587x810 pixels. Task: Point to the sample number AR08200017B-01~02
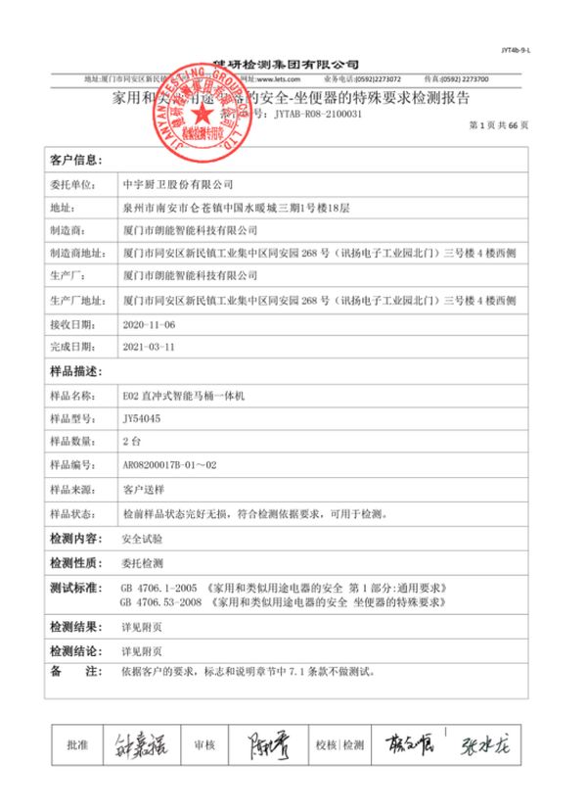coord(168,464)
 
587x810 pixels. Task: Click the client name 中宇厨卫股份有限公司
coord(176,183)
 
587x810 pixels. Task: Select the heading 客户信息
coord(75,159)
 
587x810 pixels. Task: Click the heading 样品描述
coord(75,371)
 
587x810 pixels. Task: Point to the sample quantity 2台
coord(132,441)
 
